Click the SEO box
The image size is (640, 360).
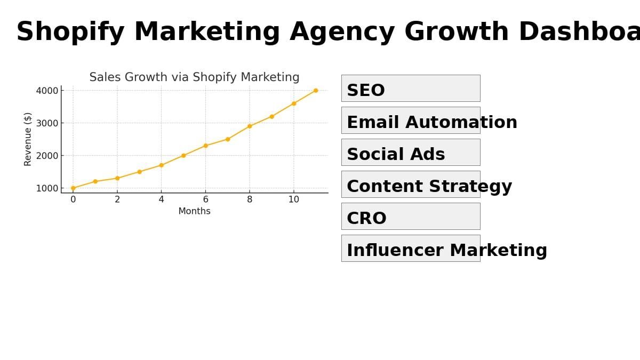tap(411, 89)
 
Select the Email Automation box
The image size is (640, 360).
tap(411, 121)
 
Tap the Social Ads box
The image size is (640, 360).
tap(411, 153)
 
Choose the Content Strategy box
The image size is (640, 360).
tap(411, 185)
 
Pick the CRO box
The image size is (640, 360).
tap(411, 217)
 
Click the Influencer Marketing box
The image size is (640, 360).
tap(411, 249)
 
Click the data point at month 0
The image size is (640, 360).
tap(73, 188)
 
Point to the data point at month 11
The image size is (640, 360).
tap(316, 91)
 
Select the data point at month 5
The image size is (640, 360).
tap(183, 155)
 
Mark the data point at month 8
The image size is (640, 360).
tap(250, 126)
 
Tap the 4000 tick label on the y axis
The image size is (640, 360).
tap(47, 91)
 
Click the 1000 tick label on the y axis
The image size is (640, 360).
tap(47, 189)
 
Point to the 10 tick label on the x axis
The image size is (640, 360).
tap(294, 199)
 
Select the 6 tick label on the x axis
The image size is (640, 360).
tap(205, 199)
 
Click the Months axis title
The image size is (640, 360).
tap(194, 211)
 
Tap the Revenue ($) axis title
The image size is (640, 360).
tap(28, 139)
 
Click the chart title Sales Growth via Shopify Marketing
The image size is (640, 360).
tap(194, 77)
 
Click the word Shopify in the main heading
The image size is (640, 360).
tap(70, 33)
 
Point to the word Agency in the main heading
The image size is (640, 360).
tap(342, 33)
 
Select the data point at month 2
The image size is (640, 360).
tap(117, 178)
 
